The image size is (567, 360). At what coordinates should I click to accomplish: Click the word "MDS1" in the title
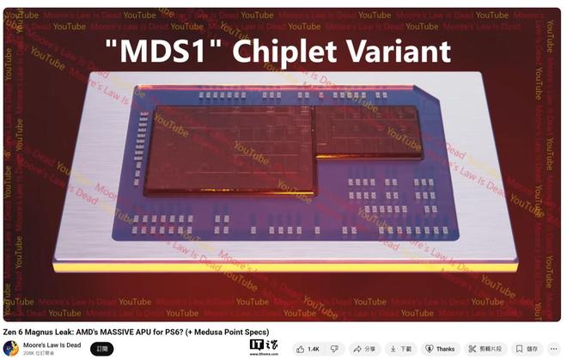[x=168, y=52]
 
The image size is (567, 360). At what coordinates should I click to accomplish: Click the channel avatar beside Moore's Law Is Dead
[x=10, y=348]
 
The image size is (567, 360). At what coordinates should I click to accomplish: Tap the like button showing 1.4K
[x=308, y=349]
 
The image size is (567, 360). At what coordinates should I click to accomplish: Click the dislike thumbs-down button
[x=334, y=349]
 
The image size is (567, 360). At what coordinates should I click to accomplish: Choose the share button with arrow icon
[x=364, y=349]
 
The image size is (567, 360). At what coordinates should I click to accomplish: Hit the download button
[x=401, y=349]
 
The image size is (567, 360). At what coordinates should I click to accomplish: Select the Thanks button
[x=439, y=349]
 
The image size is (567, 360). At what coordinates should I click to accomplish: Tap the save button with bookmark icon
[x=527, y=349]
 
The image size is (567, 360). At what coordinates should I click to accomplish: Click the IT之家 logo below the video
[x=263, y=347]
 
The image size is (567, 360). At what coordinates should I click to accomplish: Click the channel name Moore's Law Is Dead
[x=52, y=345]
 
